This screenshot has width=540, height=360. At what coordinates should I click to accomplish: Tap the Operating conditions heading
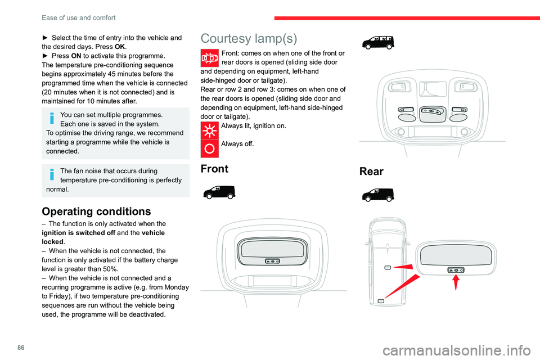[x=96, y=211]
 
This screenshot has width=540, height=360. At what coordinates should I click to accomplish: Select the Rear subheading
[x=371, y=172]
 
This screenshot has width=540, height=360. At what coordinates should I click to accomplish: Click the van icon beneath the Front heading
[x=219, y=192]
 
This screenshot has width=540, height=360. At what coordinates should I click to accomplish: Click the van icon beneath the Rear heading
[x=378, y=195]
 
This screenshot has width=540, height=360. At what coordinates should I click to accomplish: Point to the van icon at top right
[x=378, y=41]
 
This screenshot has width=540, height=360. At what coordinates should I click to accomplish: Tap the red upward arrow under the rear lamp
[x=455, y=281]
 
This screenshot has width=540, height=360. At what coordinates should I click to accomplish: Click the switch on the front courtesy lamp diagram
[x=272, y=262]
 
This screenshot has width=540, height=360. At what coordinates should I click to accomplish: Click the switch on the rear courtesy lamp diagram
[x=455, y=270]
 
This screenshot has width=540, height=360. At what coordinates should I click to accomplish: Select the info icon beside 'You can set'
[x=52, y=119]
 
